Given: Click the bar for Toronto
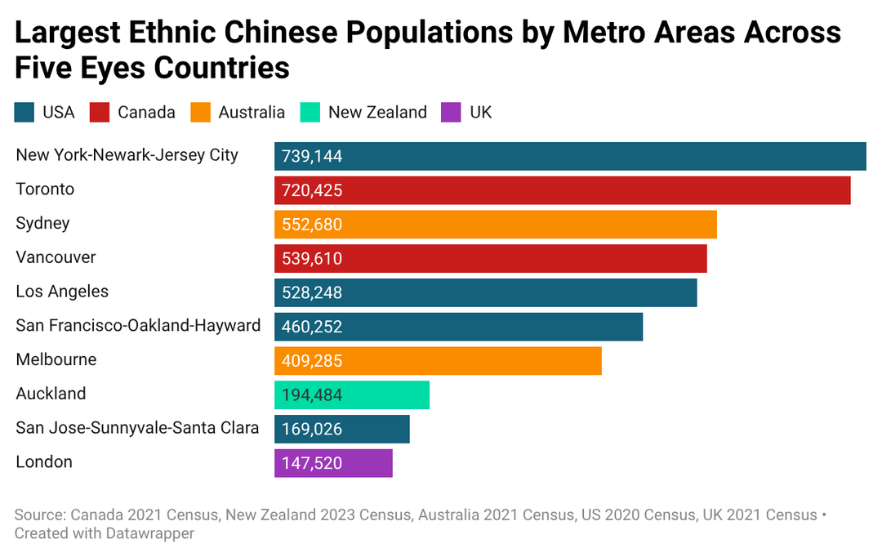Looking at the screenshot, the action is tap(563, 190).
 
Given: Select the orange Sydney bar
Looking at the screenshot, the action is tap(496, 225).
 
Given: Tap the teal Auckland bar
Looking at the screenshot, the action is tap(352, 395).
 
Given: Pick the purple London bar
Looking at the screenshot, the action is tap(333, 463).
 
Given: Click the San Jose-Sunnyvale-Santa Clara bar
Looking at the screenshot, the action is tap(342, 430).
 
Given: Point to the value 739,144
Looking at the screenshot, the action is tap(312, 157).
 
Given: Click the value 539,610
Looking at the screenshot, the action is tap(312, 259).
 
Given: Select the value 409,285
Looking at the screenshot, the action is tap(312, 361).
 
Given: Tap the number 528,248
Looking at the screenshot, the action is tap(312, 292).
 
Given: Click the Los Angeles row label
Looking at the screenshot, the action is tap(62, 292).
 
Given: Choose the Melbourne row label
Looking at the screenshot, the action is tap(56, 359).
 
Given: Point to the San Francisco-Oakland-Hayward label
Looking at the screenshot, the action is tap(138, 325).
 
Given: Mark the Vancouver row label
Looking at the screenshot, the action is tap(56, 257).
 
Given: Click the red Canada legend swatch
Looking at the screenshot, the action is tap(100, 113).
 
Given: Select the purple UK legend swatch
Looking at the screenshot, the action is tap(451, 113).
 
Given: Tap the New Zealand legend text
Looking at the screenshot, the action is tap(377, 113).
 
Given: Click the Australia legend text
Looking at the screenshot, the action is tap(252, 113).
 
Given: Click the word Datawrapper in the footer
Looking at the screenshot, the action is tap(149, 533).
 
